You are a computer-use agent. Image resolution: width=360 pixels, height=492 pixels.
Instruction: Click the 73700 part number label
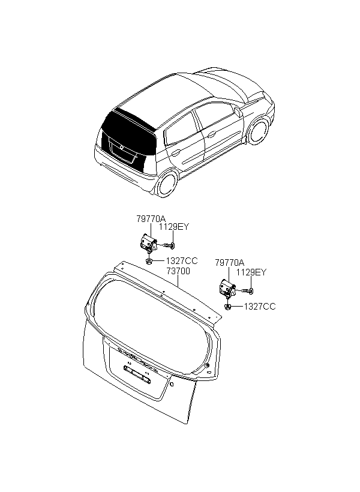coord(178,271)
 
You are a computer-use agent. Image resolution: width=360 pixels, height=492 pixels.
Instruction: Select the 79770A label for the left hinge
coord(151,219)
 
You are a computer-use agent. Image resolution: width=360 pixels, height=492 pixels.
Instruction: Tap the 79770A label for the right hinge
coord(229,263)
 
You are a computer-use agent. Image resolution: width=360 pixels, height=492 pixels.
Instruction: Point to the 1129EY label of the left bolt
coord(174,227)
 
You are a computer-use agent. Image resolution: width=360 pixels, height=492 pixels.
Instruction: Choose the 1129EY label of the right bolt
coord(251,272)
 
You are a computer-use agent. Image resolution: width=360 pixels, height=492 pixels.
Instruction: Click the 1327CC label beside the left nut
coord(182,261)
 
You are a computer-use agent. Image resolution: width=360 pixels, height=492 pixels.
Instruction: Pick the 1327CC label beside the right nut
coord(260,307)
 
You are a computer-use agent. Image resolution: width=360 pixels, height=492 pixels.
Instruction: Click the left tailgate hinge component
coord(148,242)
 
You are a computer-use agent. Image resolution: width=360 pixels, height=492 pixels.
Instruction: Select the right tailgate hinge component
coord(227,288)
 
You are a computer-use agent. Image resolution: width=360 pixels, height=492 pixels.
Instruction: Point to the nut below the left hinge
coord(149,261)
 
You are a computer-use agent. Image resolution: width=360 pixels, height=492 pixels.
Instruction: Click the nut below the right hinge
coord(228,307)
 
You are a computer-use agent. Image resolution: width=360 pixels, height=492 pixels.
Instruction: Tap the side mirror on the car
coord(238,111)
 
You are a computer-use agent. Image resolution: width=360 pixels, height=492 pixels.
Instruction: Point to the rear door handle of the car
coord(176,153)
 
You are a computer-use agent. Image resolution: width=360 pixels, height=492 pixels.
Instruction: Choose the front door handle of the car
coord(211,134)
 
